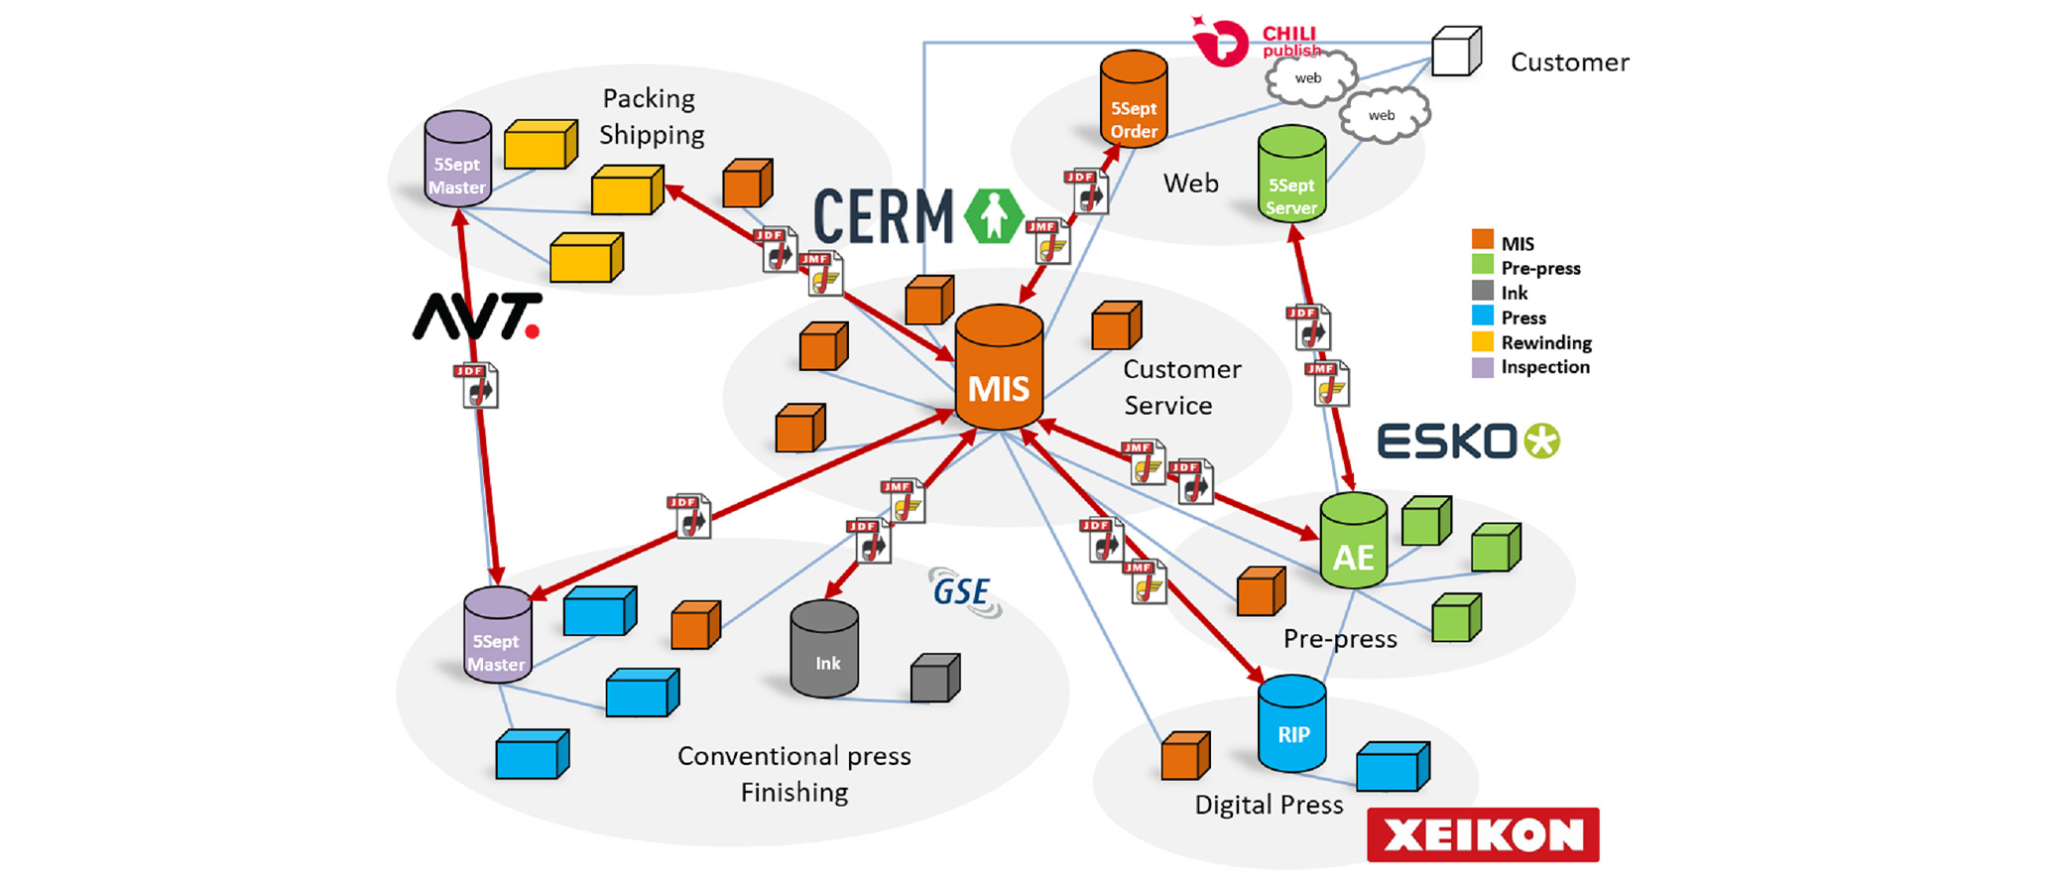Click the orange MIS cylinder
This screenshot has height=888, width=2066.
(998, 369)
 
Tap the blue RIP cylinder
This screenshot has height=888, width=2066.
(1291, 724)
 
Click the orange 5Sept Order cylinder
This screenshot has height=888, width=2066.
(1133, 101)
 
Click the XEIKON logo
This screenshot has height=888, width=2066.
(1482, 834)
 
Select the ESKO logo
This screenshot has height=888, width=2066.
(1468, 442)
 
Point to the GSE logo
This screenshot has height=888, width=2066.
(963, 592)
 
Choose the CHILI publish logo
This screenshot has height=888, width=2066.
(1256, 42)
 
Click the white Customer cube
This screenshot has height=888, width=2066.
(1456, 52)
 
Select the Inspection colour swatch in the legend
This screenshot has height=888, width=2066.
(1482, 367)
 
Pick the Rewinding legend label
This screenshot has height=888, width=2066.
(1545, 342)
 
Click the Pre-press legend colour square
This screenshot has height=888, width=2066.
(1482, 267)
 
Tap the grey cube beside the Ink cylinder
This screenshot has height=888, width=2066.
(935, 679)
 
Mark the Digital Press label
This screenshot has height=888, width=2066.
(1269, 805)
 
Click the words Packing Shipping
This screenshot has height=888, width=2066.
(652, 117)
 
